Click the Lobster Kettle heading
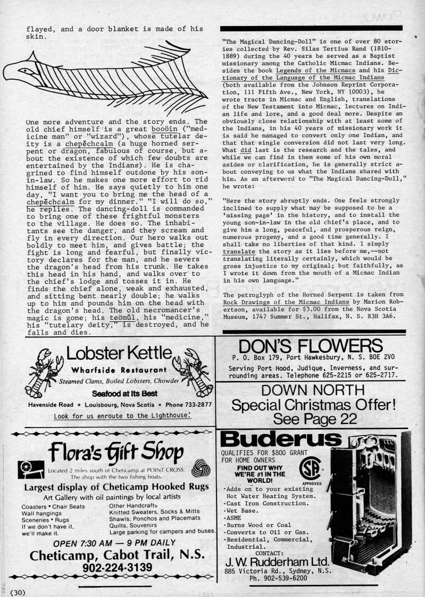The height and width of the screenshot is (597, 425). pyautogui.click(x=120, y=353)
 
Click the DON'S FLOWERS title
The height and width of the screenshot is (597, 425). pyautogui.click(x=311, y=345)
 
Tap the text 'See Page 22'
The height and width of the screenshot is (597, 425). pyautogui.click(x=314, y=419)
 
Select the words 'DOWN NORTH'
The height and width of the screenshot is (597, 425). pyautogui.click(x=314, y=391)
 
